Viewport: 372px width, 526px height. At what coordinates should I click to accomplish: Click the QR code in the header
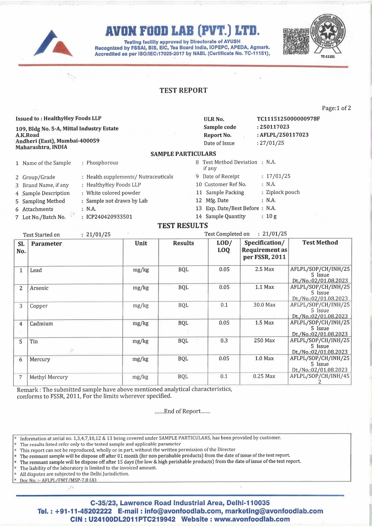296,41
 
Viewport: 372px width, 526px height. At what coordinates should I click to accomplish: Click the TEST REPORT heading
183,90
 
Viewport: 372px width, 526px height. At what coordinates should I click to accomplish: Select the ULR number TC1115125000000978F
288,119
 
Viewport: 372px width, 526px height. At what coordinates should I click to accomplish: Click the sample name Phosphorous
102,163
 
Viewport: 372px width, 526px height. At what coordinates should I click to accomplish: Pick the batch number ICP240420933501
109,217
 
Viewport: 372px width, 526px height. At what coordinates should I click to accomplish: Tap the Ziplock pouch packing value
283,192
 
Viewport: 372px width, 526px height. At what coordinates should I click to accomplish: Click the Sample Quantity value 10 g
271,216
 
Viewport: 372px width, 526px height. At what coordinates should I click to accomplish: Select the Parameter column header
46,244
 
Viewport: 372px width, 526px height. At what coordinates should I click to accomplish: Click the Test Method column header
320,243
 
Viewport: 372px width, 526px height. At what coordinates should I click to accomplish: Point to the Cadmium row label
41,324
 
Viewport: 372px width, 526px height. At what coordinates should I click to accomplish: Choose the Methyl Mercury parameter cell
49,377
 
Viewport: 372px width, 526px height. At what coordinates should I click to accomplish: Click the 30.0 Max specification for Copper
264,305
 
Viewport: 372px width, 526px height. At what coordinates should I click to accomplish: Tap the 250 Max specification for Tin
264,341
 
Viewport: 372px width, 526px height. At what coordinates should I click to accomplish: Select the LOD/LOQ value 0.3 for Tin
224,341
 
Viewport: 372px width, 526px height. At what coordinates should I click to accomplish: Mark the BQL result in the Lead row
183,270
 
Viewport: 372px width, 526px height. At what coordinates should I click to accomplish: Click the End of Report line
182,411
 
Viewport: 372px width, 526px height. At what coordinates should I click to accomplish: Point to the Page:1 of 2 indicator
336,108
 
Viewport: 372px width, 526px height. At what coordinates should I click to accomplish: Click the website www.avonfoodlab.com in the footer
252,519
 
